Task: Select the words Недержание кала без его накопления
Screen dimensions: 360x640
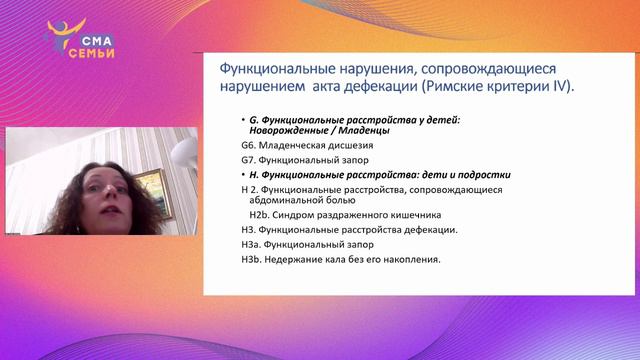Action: coord(355,260)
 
